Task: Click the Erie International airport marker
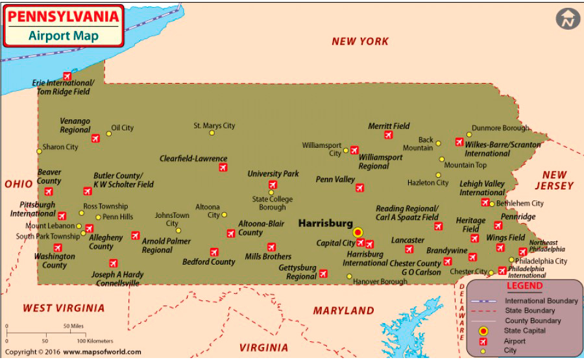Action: click(67, 76)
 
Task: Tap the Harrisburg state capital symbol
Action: click(358, 232)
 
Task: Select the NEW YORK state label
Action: click(360, 42)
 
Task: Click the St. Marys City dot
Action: click(212, 133)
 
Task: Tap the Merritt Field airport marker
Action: click(388, 135)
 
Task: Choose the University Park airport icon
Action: click(273, 185)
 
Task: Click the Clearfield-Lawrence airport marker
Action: click(223, 167)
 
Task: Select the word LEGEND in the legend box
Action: click(524, 286)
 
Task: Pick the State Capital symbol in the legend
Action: click(483, 331)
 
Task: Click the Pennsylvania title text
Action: click(63, 15)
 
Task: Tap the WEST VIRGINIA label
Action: click(64, 308)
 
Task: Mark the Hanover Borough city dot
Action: click(349, 276)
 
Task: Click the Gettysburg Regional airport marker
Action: click(323, 274)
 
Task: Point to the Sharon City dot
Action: click(39, 151)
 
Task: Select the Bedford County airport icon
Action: click(214, 252)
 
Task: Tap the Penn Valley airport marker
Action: click(359, 187)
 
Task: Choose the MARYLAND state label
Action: click(344, 311)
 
